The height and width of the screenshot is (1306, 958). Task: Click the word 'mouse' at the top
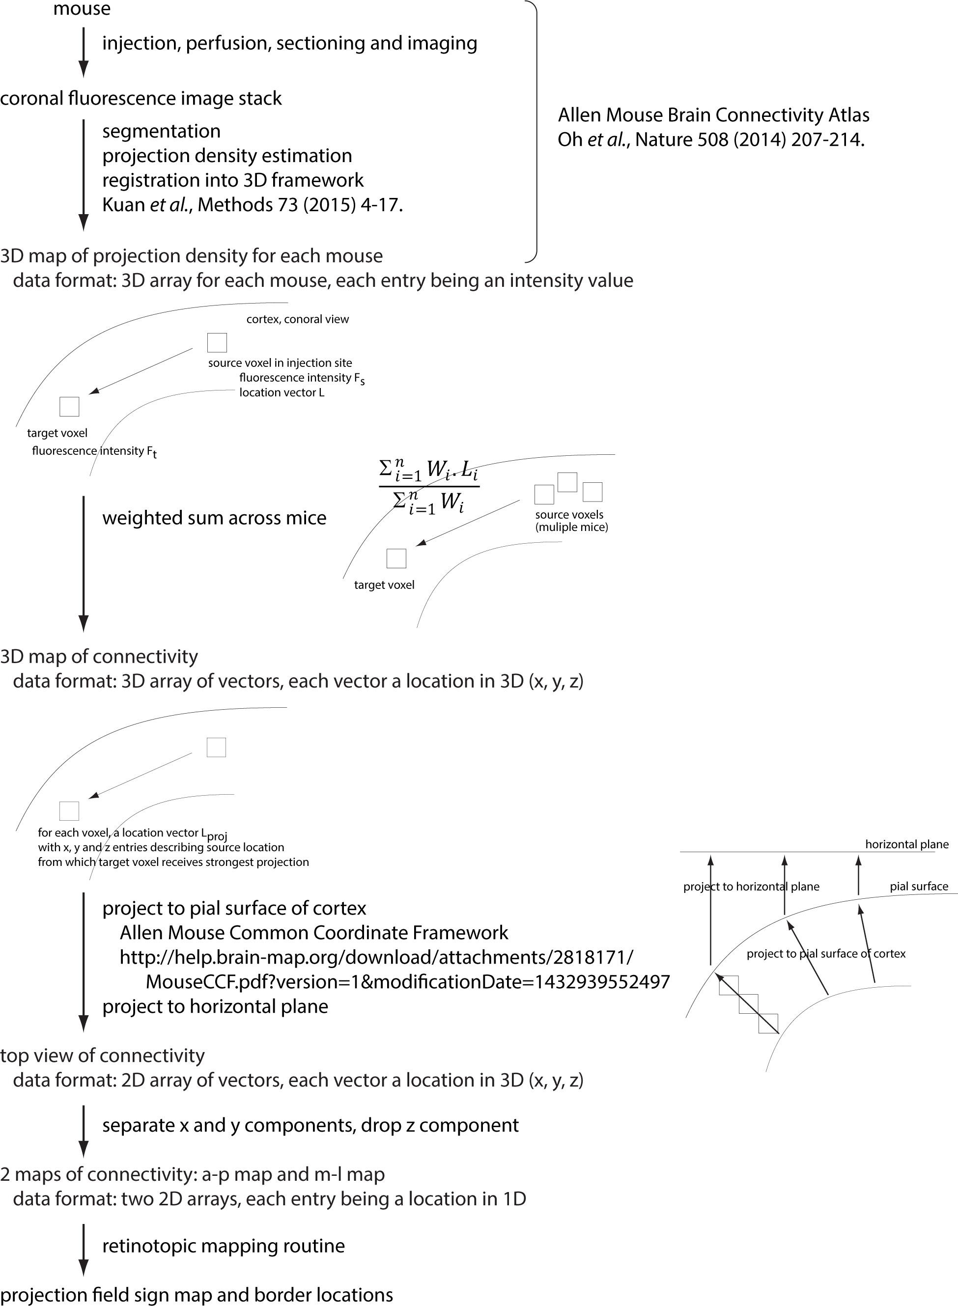click(82, 9)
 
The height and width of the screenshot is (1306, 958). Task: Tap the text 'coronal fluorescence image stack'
click(141, 99)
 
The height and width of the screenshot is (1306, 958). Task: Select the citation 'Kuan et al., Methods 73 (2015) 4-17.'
click(252, 205)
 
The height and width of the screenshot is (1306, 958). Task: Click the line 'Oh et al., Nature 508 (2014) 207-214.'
click(711, 139)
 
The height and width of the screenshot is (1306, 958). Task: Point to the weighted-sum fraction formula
click(429, 487)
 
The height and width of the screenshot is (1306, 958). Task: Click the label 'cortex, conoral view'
click(298, 319)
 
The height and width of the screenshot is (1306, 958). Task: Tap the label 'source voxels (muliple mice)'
click(571, 521)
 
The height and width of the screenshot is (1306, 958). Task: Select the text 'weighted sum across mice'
click(215, 518)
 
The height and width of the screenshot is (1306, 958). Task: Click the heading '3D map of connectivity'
click(99, 656)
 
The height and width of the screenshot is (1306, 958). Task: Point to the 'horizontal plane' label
click(906, 844)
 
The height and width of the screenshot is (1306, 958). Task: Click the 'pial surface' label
click(919, 887)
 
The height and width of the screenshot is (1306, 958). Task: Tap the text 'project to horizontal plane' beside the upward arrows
click(751, 887)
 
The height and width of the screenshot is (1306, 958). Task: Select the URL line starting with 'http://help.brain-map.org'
click(376, 957)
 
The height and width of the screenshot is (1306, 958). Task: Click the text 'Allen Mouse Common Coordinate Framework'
click(314, 933)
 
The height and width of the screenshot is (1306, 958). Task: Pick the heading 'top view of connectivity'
click(103, 1056)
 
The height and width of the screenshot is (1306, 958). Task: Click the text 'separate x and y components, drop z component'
click(310, 1125)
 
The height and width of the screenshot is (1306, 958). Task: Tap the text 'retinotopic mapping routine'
click(223, 1246)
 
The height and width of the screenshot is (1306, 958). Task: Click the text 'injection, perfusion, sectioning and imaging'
click(290, 44)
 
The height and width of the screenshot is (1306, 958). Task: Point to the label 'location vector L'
click(282, 392)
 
